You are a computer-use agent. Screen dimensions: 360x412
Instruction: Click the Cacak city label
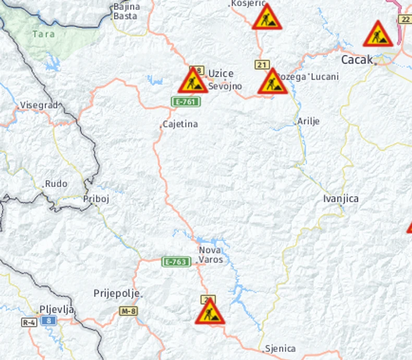(x=357, y=60)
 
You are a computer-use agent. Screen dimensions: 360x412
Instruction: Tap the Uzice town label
(x=221, y=73)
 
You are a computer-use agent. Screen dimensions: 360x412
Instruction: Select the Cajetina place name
(x=180, y=125)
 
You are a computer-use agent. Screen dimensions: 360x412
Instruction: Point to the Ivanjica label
(x=341, y=198)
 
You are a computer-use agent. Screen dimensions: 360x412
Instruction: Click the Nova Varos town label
(x=211, y=255)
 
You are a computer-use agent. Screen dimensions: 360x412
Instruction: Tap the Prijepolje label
(x=116, y=293)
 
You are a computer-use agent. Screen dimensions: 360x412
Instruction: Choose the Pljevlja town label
(x=57, y=309)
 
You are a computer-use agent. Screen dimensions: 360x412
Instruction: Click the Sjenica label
(x=280, y=349)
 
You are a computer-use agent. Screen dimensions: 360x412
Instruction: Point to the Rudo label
(x=56, y=184)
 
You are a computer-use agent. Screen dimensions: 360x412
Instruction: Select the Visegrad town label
(x=39, y=105)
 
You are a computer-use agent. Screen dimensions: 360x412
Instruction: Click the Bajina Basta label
(x=126, y=11)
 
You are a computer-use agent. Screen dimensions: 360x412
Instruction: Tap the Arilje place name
(x=308, y=121)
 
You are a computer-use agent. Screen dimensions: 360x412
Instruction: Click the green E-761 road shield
(x=186, y=102)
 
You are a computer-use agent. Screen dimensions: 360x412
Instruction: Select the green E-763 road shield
(x=176, y=262)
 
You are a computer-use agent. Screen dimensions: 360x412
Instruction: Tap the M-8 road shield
(x=128, y=311)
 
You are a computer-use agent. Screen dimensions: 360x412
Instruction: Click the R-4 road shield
(x=29, y=322)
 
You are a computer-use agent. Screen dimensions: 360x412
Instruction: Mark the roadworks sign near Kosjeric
(x=266, y=18)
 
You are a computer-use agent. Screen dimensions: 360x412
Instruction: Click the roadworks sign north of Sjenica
(x=210, y=312)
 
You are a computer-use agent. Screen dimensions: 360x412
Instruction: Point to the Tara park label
(x=43, y=34)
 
